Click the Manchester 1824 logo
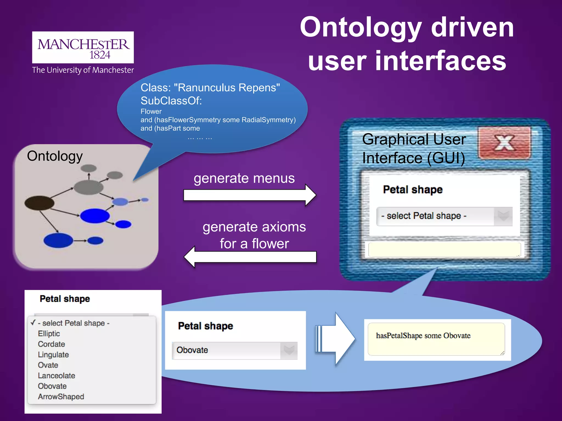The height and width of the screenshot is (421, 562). [x=83, y=47]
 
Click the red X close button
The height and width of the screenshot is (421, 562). [x=504, y=143]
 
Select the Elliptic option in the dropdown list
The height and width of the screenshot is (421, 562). [x=49, y=334]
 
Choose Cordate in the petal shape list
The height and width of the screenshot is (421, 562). [x=51, y=344]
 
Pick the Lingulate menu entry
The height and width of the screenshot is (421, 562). [x=53, y=355]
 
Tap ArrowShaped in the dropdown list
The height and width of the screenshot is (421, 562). [x=61, y=397]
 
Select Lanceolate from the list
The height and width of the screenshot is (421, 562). [x=56, y=376]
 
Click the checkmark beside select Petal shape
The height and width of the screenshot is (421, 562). [x=33, y=323]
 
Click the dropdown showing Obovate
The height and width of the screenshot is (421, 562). [x=235, y=350]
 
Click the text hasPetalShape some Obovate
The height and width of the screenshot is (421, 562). [x=423, y=336]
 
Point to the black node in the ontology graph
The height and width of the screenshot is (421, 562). [x=39, y=203]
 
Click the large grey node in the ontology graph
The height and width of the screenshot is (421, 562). [x=88, y=187]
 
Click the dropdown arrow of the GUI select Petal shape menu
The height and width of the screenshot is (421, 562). [x=503, y=216]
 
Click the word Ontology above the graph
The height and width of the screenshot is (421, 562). [x=55, y=156]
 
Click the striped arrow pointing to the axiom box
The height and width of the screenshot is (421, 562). [x=336, y=339]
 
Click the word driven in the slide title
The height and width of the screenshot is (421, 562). [x=472, y=27]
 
